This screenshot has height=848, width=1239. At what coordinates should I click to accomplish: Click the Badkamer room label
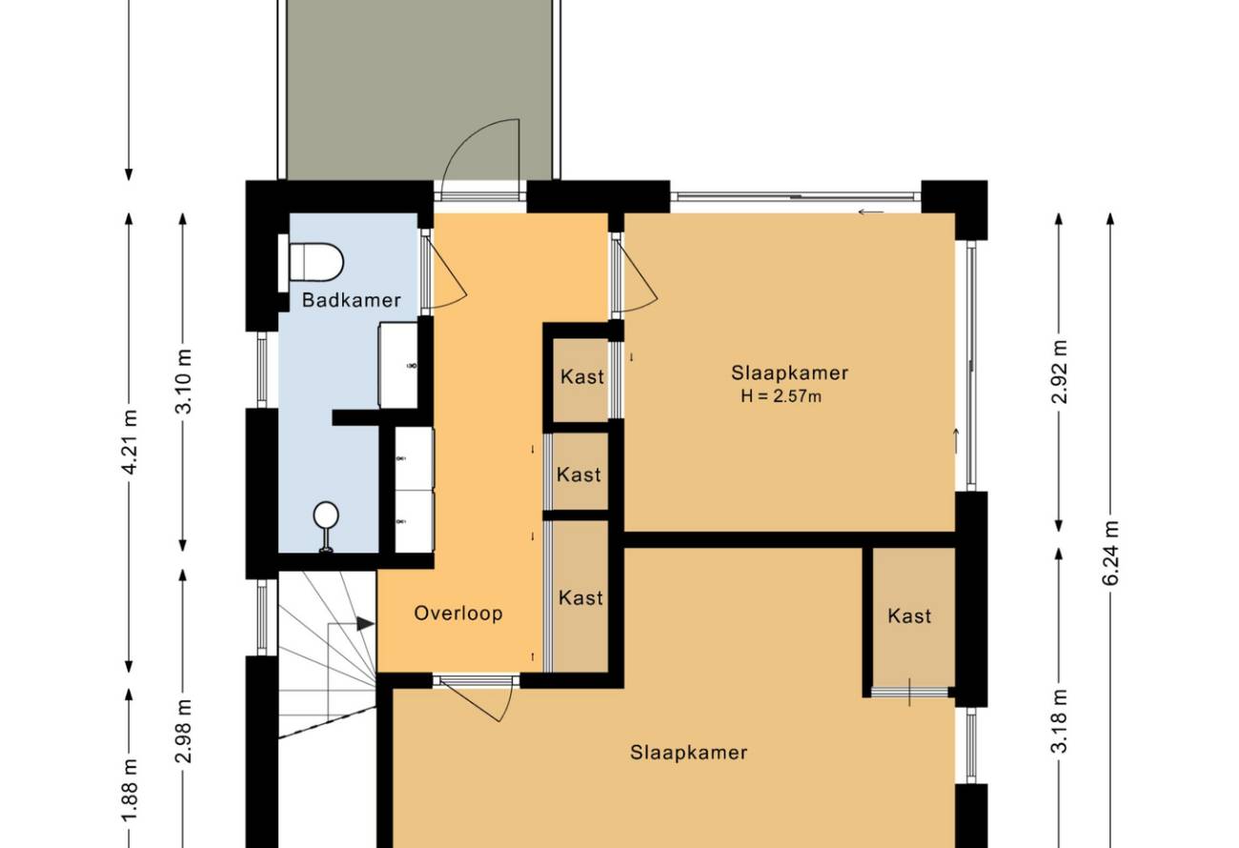(x=352, y=300)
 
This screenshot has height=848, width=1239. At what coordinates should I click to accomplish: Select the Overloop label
(x=458, y=613)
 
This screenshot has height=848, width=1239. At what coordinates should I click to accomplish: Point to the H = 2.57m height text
(x=781, y=395)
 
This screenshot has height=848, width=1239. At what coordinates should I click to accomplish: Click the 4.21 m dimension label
(x=130, y=442)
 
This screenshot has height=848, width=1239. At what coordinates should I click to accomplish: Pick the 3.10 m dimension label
(x=183, y=381)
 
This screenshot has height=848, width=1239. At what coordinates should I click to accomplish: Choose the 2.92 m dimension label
(x=1059, y=372)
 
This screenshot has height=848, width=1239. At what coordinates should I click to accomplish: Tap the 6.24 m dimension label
(x=1110, y=553)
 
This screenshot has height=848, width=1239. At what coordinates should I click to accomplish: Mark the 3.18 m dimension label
(x=1059, y=721)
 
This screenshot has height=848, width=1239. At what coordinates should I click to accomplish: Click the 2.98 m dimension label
(x=183, y=732)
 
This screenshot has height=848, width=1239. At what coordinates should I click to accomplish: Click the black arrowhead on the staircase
(x=365, y=623)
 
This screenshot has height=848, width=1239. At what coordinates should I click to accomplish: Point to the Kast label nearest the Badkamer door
(x=582, y=377)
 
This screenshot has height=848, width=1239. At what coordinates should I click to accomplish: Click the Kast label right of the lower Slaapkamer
(x=909, y=616)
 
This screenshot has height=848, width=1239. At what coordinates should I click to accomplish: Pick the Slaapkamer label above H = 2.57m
(x=790, y=374)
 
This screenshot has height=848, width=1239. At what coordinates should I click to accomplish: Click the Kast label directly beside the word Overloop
(x=580, y=597)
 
